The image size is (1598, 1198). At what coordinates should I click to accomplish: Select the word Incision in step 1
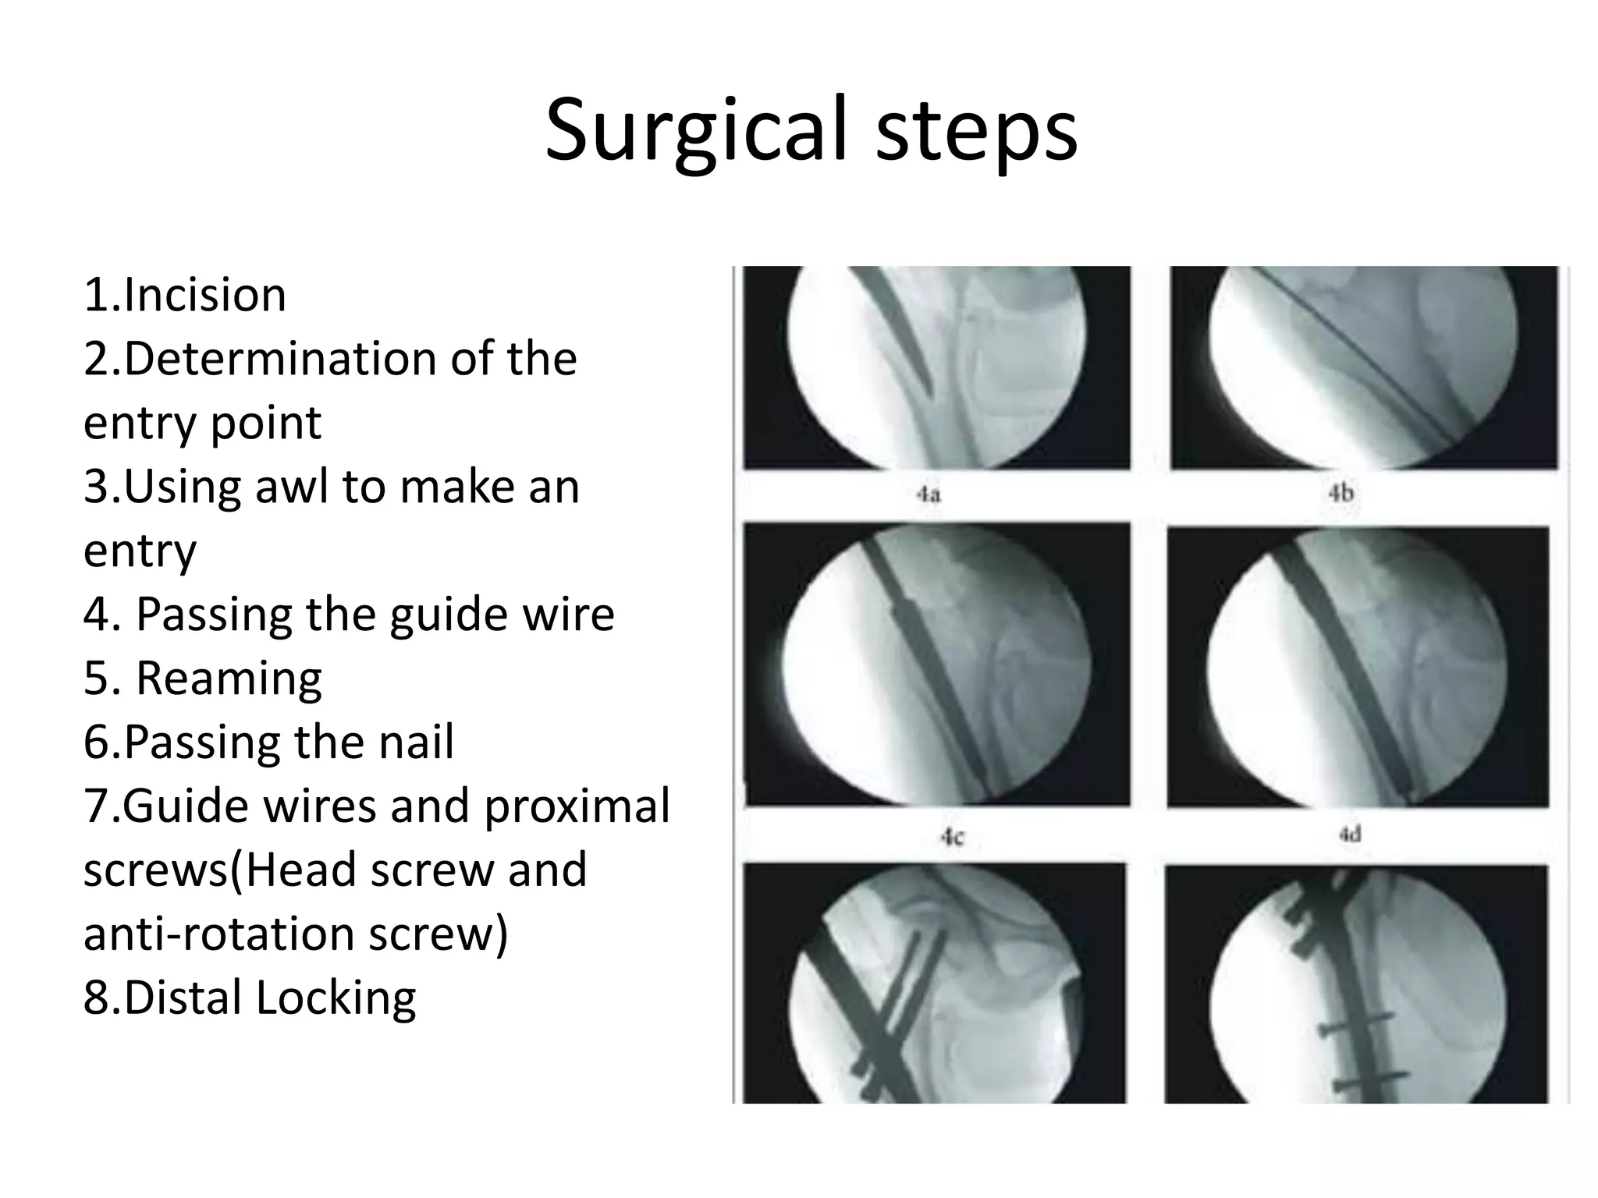(205, 295)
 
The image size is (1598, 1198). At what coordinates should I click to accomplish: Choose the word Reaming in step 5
(229, 678)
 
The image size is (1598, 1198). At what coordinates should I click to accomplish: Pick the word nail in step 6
(416, 742)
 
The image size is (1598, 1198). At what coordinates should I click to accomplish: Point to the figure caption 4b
(1341, 493)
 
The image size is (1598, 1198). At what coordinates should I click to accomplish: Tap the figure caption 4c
(952, 837)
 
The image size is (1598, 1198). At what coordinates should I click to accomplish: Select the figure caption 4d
(1350, 835)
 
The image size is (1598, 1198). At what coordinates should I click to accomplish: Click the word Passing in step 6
(202, 742)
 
